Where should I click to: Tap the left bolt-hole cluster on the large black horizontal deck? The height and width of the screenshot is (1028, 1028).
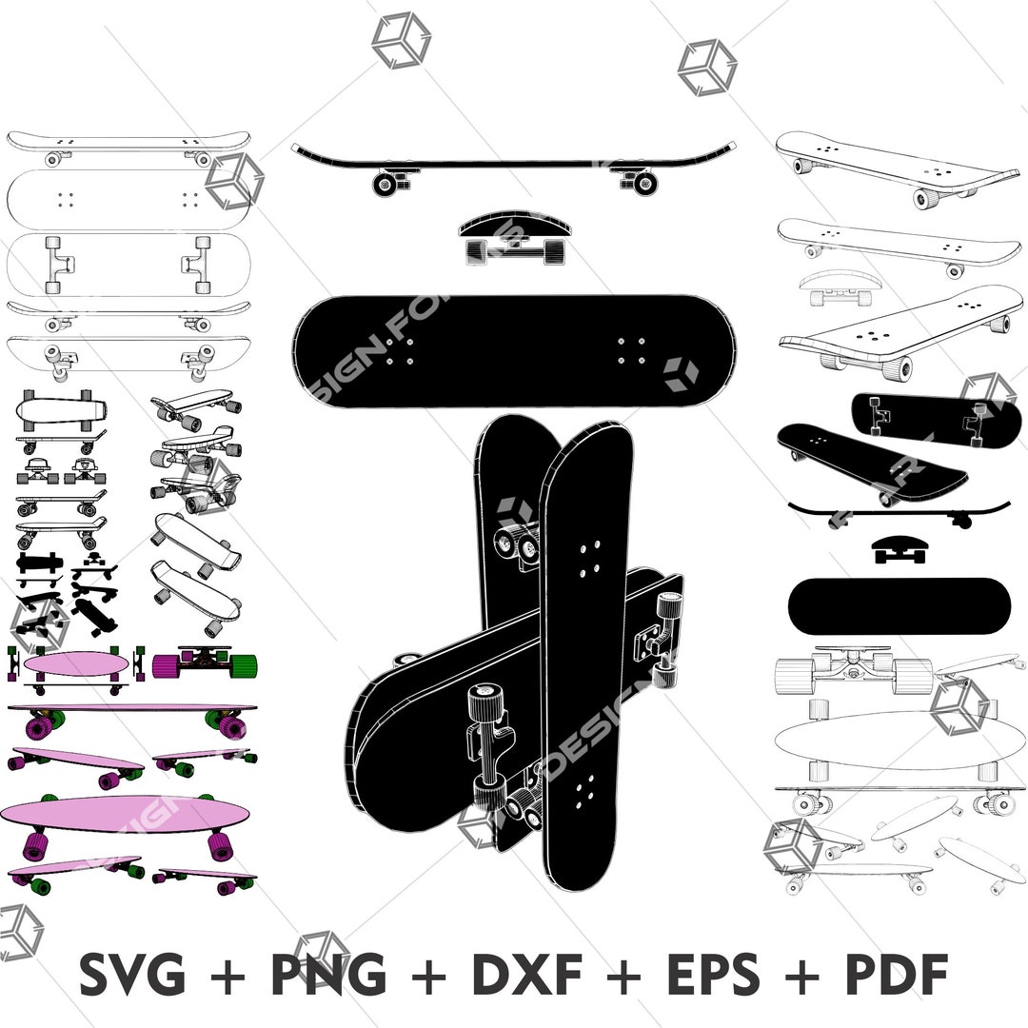[x=399, y=351]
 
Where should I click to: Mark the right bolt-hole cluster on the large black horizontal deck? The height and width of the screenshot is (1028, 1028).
[x=631, y=350]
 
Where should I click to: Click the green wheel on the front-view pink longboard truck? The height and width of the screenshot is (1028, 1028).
[x=244, y=662]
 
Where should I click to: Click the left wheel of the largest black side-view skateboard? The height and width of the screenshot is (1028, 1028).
[x=384, y=183]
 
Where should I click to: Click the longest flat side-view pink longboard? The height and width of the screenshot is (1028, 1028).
[x=131, y=709]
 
